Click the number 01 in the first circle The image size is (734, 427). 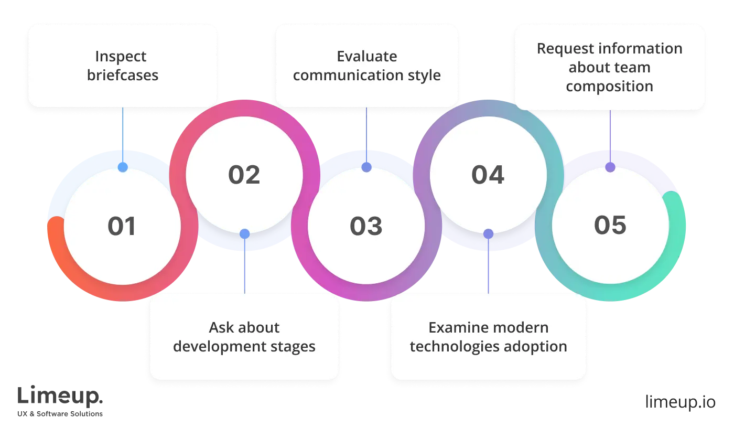coord(122,226)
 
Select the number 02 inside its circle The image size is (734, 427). coord(244,175)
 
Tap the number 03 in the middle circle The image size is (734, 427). coord(366,226)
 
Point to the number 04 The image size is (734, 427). coord(488,175)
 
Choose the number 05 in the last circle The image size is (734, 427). coord(610,225)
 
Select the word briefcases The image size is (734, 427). coord(122,75)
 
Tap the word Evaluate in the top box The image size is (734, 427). coord(367,57)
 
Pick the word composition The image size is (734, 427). coord(610,86)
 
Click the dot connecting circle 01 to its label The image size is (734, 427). coord(122,168)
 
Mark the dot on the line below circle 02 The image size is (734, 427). coord(244,234)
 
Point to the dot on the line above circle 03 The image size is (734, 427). coord(366,168)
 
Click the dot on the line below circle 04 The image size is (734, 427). coord(488,234)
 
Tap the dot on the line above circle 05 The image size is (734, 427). coord(610,168)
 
